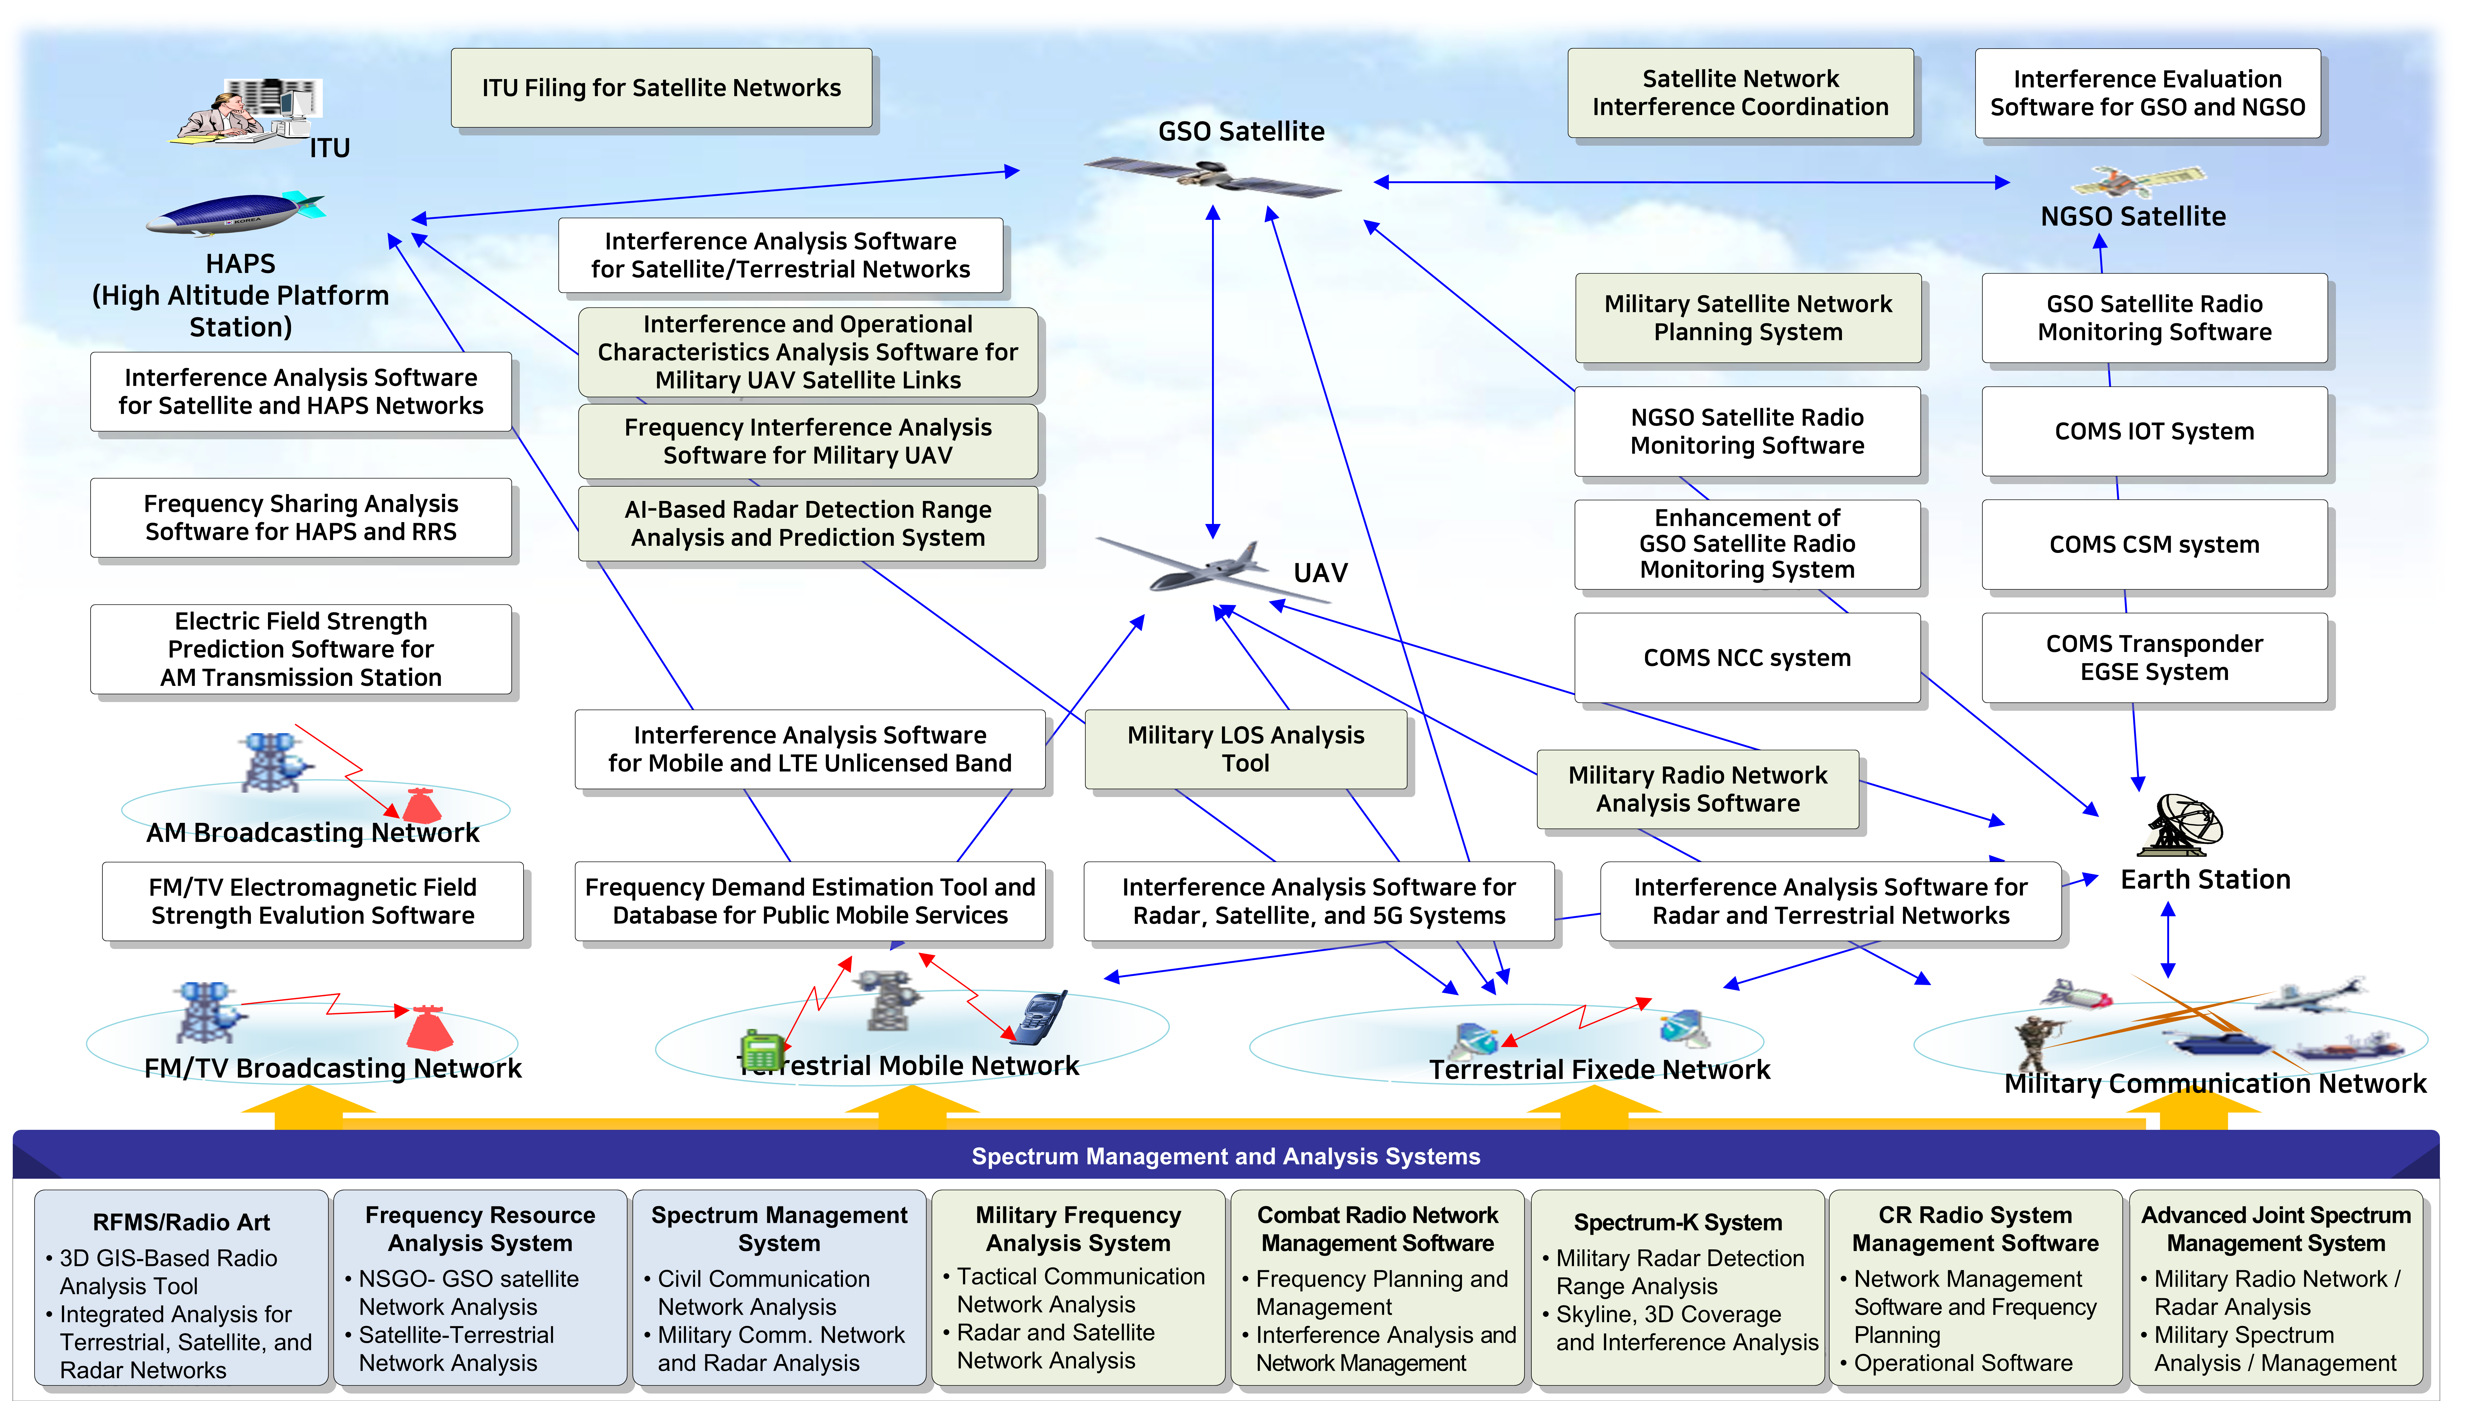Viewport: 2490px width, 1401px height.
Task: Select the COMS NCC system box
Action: click(x=1747, y=658)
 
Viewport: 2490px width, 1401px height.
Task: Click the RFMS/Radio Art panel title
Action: click(x=182, y=1222)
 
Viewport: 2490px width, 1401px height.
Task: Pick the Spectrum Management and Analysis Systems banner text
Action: click(x=1226, y=1156)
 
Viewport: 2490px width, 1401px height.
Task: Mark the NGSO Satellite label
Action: click(x=2132, y=217)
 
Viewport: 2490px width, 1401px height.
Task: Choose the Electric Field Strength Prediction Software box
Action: click(x=301, y=649)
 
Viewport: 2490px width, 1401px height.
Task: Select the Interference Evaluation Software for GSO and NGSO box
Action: click(x=2147, y=93)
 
